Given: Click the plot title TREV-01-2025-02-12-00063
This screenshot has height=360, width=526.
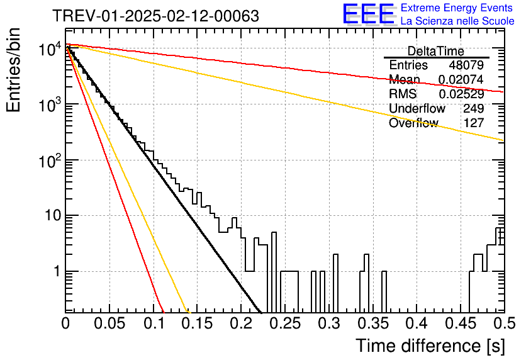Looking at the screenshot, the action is coord(156,16).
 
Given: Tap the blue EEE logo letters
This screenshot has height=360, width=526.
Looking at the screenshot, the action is coord(369,14).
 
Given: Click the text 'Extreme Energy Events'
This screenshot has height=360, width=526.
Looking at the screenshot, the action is coord(457,8).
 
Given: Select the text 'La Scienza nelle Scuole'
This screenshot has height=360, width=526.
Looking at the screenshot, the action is coord(457,21).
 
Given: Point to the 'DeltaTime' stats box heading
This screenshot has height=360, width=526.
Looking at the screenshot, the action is coord(436,51).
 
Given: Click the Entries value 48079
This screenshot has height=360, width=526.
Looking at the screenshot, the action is coord(466,65).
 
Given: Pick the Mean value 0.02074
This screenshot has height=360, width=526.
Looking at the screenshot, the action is coord(461,79).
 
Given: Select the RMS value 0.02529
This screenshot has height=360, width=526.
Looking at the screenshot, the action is coord(461,94).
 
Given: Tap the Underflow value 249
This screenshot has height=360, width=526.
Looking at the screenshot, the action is coord(473,108).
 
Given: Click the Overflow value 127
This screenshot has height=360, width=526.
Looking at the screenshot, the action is coord(474,123).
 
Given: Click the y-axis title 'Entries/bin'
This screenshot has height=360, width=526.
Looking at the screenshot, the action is coord(13,70).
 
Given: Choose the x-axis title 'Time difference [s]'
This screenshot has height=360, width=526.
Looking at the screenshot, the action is coord(430,346).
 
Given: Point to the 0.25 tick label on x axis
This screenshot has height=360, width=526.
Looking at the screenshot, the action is coord(285,323).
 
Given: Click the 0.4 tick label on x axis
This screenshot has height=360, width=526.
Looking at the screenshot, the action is coord(417,323).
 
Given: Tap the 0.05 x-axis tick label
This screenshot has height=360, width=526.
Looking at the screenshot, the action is coord(109,323).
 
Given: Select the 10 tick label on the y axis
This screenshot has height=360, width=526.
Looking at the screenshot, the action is coord(53,215).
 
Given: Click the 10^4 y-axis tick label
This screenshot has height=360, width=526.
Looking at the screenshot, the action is coord(50,49).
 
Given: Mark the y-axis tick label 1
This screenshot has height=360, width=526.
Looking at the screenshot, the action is coord(57,271).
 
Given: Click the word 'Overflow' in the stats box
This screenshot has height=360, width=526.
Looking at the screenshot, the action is coord(413,123).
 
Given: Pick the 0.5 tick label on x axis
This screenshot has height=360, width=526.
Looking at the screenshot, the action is coord(504,323).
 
